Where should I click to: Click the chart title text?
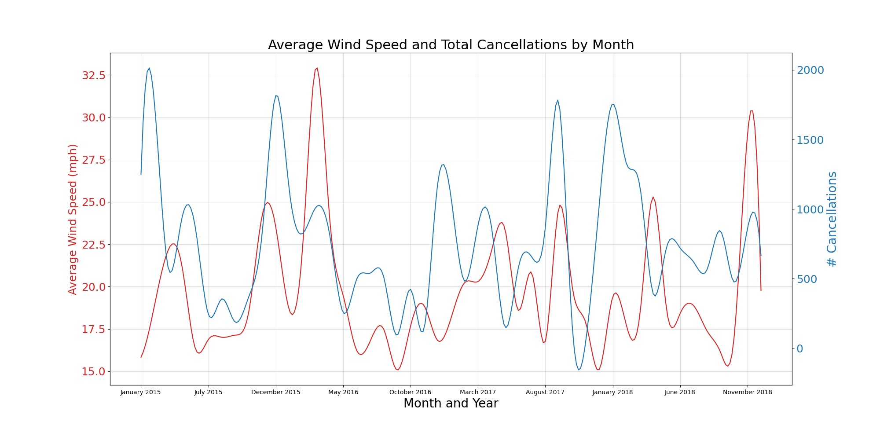tap(451, 45)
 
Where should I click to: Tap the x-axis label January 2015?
tap(141, 392)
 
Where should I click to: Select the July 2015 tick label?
tap(208, 392)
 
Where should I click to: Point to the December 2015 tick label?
tap(276, 392)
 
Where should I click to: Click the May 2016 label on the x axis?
tap(343, 392)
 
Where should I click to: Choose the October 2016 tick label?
tap(411, 392)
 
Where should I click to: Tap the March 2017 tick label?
tap(478, 392)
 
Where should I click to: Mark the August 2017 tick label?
tap(545, 392)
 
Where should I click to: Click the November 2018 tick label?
tap(748, 392)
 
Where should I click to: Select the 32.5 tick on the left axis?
tap(93, 76)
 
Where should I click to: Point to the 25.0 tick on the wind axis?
tap(93, 202)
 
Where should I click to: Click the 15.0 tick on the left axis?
tap(93, 372)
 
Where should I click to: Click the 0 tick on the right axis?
tap(800, 349)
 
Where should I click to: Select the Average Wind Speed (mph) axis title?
tap(73, 219)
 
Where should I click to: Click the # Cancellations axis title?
tap(832, 219)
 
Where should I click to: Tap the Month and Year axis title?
tap(451, 403)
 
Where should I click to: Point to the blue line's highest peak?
tap(149, 68)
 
